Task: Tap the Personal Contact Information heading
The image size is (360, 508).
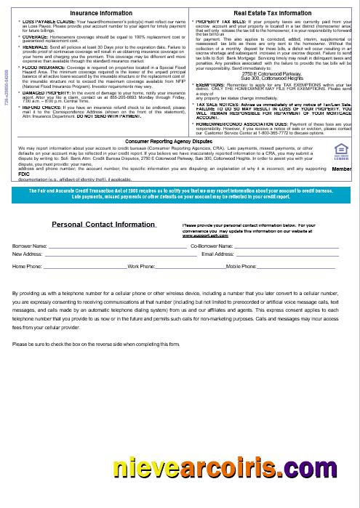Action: (x=103, y=225)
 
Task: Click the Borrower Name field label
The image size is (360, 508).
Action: (x=29, y=247)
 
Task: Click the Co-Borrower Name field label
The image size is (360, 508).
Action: (x=211, y=247)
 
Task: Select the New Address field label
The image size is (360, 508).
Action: (x=28, y=254)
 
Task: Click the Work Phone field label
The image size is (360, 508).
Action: (x=140, y=267)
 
